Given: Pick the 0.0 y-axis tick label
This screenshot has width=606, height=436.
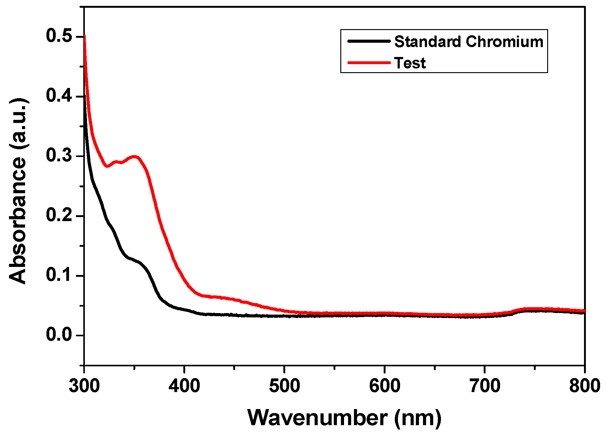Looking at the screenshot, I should tap(59, 334).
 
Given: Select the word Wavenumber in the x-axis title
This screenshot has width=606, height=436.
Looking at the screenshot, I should tap(317, 418).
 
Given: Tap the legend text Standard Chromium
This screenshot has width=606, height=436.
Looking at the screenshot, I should tap(469, 41).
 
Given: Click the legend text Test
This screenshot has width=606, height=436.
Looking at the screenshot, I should tap(410, 63).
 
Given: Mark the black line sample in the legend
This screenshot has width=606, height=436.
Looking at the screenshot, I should tap(368, 41).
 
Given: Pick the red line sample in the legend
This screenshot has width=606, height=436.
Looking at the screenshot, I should tap(368, 63).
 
